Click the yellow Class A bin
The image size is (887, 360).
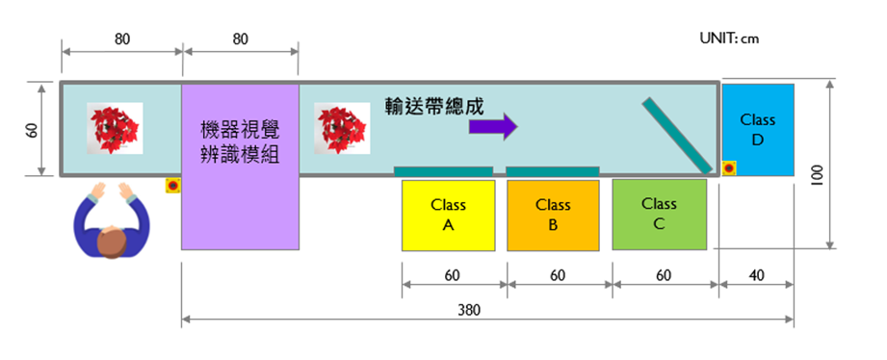(448, 215)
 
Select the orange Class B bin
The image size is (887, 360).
(553, 215)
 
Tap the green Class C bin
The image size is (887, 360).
(659, 214)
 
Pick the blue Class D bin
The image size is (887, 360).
(758, 130)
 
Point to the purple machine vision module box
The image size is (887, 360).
(240, 166)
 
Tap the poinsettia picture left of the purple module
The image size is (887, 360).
(116, 128)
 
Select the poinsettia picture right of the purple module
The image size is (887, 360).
(343, 129)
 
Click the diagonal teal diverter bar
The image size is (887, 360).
(678, 134)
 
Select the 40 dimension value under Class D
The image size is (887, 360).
(755, 275)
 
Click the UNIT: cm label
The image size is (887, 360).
(729, 39)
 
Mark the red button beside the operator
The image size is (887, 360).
(172, 185)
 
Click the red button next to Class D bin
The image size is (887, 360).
(729, 168)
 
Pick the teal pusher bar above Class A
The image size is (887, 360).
(443, 171)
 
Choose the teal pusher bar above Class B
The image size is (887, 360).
(553, 171)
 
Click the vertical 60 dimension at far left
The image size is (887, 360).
(32, 129)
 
